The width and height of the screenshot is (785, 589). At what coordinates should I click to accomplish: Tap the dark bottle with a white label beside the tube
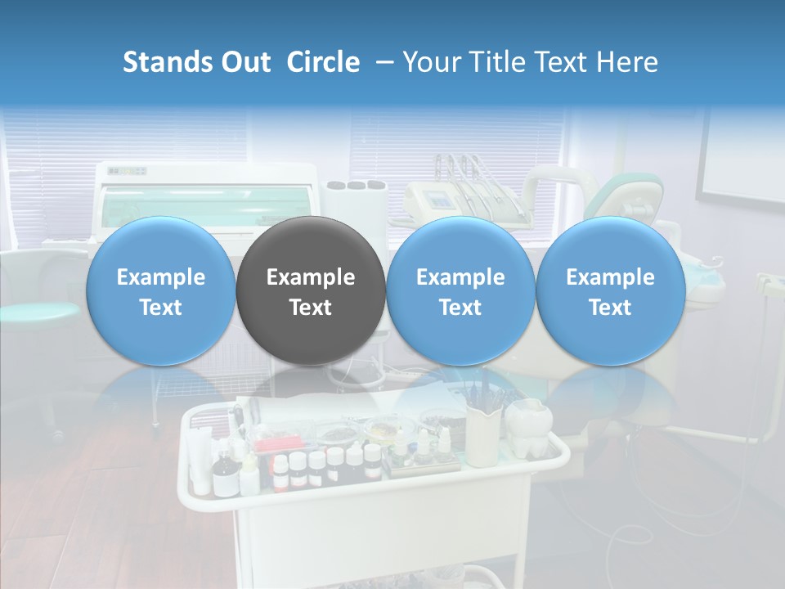[222, 476]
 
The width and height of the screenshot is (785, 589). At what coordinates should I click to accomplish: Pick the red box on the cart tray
[270, 446]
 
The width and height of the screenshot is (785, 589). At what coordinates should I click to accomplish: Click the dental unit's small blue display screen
[440, 200]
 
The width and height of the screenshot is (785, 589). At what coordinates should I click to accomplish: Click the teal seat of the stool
[37, 312]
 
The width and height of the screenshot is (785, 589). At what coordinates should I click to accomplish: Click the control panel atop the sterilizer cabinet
[128, 171]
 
